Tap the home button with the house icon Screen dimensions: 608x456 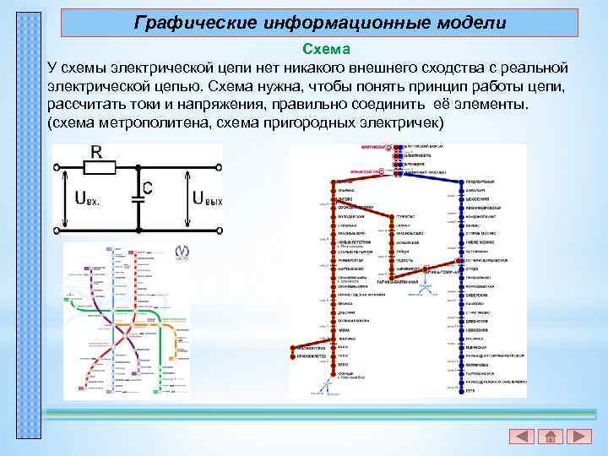coord(550,437)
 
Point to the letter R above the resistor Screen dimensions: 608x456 coord(95,153)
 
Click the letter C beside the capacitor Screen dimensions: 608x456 coord(148,187)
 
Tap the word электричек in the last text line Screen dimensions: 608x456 coord(402,122)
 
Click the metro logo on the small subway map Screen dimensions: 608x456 coord(182,252)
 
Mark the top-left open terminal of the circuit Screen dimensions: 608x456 coord(57,167)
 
